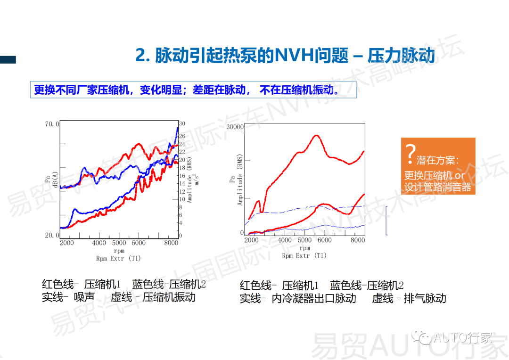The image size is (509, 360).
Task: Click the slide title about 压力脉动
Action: point(285,56)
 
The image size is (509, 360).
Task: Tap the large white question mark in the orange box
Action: point(410,152)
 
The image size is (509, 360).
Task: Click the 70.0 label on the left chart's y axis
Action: point(52,124)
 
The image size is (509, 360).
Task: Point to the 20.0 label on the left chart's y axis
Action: point(52,235)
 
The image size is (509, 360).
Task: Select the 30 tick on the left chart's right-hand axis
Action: point(182,123)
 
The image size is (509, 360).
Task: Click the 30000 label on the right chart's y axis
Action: point(235,127)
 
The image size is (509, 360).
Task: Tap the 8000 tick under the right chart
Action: point(358,240)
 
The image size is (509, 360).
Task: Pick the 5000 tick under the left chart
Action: point(119,243)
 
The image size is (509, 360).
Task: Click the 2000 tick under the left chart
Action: point(67,243)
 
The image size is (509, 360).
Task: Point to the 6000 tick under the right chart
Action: point(324,240)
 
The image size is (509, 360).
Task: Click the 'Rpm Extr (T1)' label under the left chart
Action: point(119,258)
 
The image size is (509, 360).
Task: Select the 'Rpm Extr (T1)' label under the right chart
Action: point(304,255)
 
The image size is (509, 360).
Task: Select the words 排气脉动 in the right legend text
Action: point(425,298)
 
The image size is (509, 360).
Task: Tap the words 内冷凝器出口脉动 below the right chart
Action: point(314,298)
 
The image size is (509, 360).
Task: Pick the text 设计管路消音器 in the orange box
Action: point(438,187)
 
